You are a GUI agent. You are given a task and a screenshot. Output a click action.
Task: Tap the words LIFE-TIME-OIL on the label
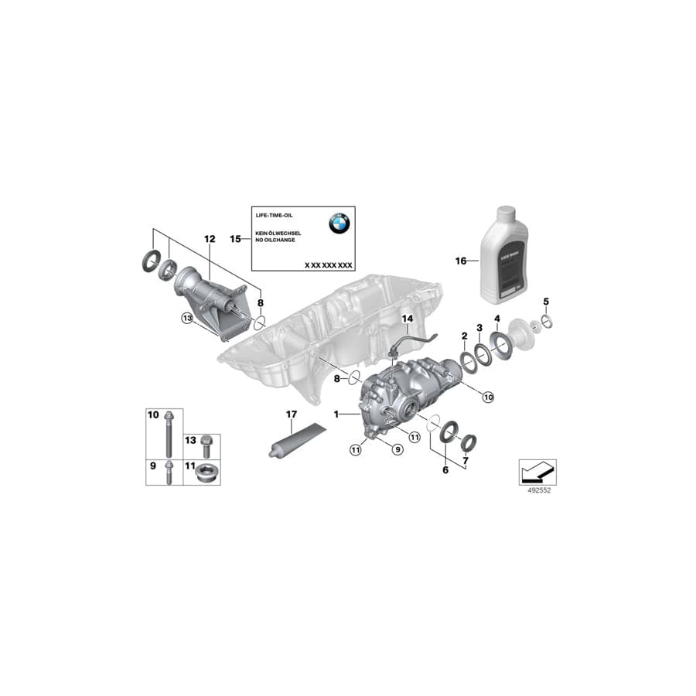[275, 213]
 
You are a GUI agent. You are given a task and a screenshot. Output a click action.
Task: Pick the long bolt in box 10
[168, 437]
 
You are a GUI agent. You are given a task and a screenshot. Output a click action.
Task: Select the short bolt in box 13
[206, 445]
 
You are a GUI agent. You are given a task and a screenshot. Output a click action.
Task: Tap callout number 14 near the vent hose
[406, 318]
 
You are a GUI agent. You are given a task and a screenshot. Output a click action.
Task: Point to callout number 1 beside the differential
[336, 415]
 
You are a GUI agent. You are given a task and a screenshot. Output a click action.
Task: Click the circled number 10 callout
[487, 396]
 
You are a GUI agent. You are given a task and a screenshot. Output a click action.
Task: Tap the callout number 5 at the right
[546, 301]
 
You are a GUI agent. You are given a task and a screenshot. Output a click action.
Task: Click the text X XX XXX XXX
[328, 264]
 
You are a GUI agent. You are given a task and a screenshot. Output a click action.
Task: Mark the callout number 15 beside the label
[236, 240]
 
